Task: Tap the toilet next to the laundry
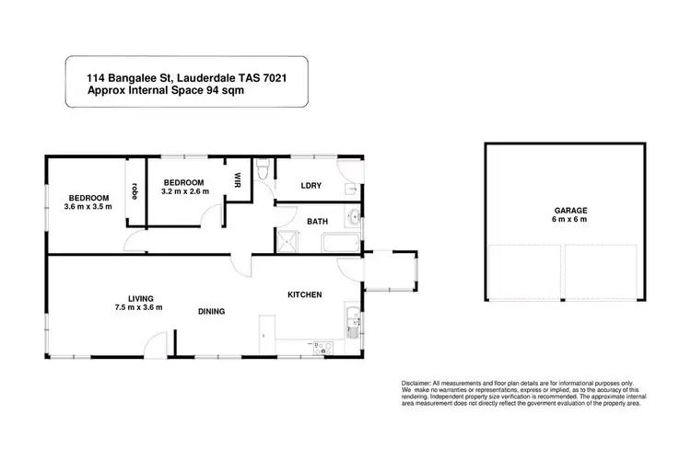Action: click(x=264, y=170)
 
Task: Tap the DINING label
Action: click(x=213, y=311)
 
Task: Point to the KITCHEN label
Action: click(x=305, y=294)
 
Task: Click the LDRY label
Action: click(x=310, y=186)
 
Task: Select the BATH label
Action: click(x=317, y=221)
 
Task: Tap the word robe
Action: click(x=135, y=191)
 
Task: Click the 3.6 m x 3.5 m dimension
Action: click(x=88, y=208)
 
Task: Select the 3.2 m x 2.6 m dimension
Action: click(x=184, y=190)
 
